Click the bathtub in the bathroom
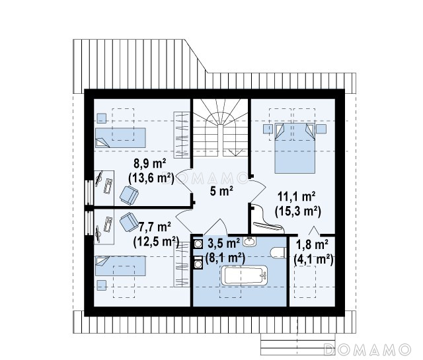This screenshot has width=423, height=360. click(245, 275)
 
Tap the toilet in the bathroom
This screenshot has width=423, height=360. click(278, 253)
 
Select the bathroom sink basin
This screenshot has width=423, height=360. click(250, 241)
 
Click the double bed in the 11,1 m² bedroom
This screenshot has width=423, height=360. click(295, 148)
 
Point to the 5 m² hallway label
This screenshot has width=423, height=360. click(221, 191)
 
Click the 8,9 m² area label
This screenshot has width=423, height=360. click(150, 163)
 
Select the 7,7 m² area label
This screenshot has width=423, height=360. click(154, 227)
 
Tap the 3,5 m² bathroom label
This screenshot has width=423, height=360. click(223, 244)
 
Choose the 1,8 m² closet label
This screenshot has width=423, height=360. click(312, 244)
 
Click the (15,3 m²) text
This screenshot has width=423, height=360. click(298, 211)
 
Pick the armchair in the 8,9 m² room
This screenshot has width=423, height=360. click(129, 195)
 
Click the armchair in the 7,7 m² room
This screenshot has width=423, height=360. click(129, 222)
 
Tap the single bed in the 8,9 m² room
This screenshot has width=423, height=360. click(120, 138)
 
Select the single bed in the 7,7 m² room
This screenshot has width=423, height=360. click(120, 266)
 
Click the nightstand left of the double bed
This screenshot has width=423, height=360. click(268, 129)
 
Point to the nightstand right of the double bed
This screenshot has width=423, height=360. click(321, 129)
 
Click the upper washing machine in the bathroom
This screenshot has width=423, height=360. click(198, 244)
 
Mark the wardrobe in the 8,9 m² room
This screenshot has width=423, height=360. click(182, 135)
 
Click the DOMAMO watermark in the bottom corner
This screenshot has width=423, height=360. click(367, 349)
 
